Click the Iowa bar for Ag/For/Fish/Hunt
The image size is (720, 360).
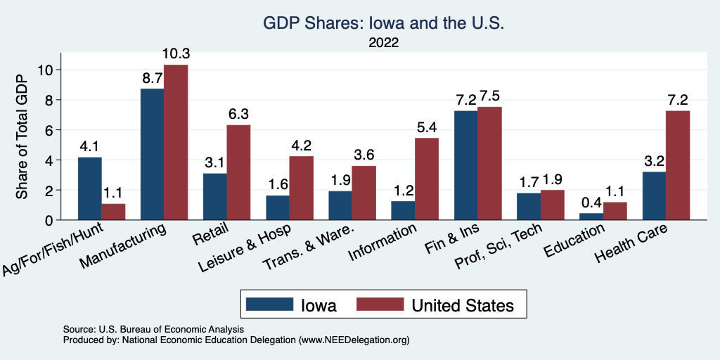click(89, 188)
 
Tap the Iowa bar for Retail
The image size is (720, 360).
click(214, 196)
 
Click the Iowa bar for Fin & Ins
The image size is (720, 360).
click(465, 165)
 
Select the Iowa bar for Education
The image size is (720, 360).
click(591, 217)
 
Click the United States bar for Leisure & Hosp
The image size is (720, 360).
click(302, 188)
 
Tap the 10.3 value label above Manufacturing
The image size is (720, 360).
click(176, 54)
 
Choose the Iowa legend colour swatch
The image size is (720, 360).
click(269, 304)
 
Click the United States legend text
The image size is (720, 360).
click(463, 305)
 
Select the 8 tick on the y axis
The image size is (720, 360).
click(49, 100)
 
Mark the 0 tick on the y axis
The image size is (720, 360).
click(49, 220)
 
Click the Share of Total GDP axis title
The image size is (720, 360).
click(22, 137)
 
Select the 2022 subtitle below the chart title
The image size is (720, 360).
click(384, 43)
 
